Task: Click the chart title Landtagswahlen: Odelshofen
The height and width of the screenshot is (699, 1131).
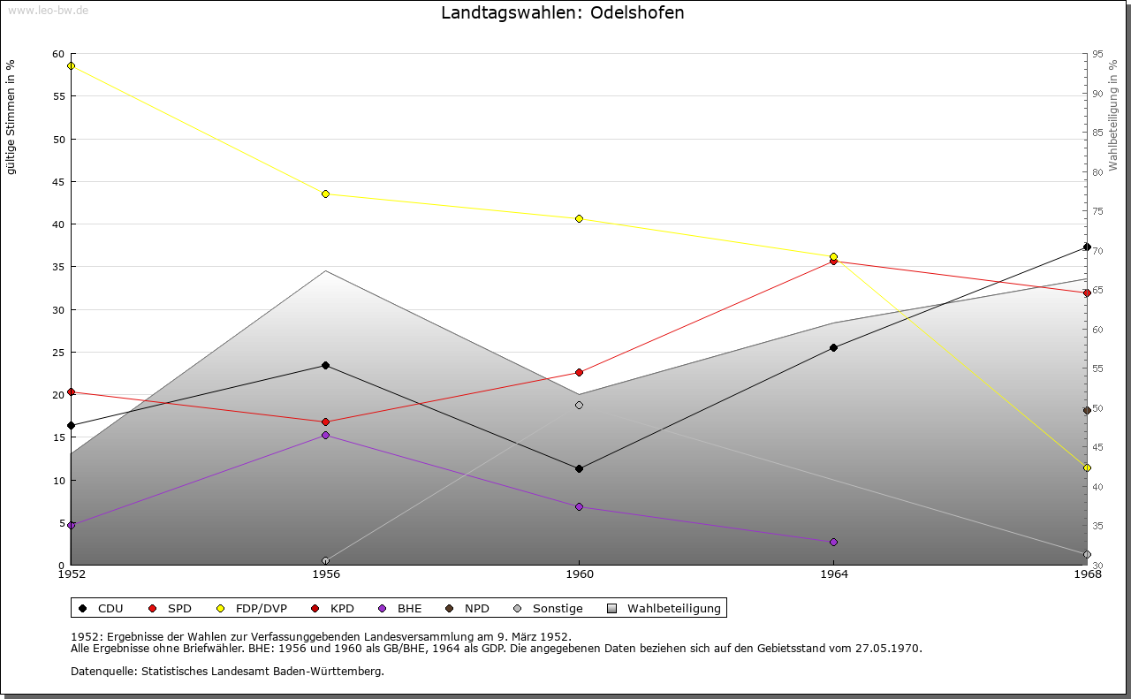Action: click(x=562, y=13)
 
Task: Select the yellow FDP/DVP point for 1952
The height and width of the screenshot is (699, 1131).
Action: click(x=72, y=65)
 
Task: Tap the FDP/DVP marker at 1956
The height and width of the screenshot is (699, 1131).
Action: click(x=325, y=194)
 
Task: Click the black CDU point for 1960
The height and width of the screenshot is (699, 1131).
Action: click(x=579, y=468)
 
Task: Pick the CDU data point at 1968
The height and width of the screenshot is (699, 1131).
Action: click(x=1087, y=247)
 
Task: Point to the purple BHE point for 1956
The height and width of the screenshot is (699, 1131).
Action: click(x=325, y=435)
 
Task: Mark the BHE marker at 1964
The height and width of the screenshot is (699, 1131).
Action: click(x=833, y=542)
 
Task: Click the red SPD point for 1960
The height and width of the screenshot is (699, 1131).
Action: click(x=579, y=372)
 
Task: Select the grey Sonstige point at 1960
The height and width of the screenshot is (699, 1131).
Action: click(x=579, y=406)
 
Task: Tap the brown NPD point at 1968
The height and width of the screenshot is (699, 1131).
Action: click(x=1087, y=410)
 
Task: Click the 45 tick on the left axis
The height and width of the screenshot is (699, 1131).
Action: click(x=58, y=182)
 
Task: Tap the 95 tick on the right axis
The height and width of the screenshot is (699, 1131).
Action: click(x=1097, y=54)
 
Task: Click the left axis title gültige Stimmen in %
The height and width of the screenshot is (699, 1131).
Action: click(x=11, y=117)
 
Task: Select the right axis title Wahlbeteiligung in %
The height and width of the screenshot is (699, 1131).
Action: click(x=1113, y=115)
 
